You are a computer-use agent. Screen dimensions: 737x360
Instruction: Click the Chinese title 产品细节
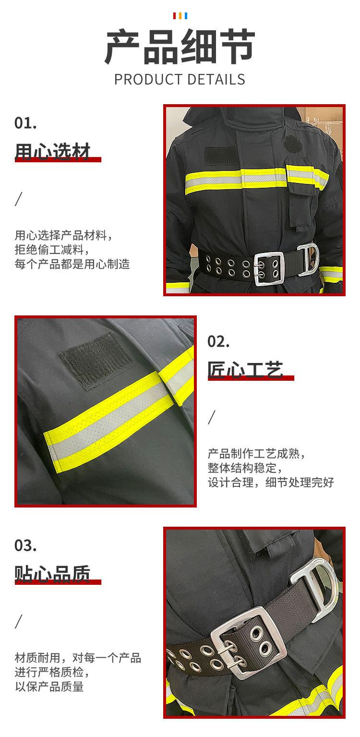180,47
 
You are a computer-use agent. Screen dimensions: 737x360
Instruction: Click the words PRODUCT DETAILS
180,79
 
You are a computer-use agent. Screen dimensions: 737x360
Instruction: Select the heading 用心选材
52,151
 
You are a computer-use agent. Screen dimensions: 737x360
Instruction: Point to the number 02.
218,342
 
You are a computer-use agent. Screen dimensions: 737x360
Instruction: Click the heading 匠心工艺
245,369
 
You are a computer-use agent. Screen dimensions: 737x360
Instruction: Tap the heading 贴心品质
52,573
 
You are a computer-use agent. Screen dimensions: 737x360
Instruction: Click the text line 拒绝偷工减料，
52,250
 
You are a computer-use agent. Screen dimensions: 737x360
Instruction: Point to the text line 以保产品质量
49,687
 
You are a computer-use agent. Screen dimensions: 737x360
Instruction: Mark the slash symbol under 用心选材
19,198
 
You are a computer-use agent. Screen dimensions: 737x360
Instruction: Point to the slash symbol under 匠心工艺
212,417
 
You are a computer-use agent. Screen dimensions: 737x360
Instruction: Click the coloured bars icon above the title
180,16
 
